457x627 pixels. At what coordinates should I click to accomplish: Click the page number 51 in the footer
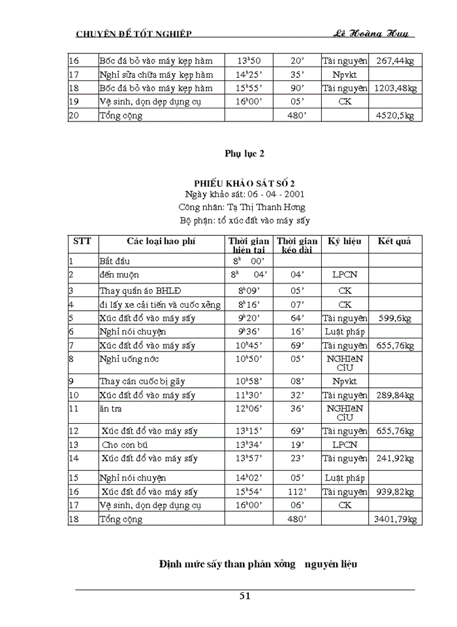245,595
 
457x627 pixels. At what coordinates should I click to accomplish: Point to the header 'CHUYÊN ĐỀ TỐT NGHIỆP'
134,34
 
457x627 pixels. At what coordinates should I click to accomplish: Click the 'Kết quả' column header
394,241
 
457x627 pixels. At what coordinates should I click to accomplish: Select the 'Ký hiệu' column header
344,241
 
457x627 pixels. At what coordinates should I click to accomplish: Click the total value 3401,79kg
394,520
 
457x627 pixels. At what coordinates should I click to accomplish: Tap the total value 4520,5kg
396,116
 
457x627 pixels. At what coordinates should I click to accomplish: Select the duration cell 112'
297,492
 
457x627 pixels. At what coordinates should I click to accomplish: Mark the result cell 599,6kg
394,318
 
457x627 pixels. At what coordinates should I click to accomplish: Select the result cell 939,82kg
394,492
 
